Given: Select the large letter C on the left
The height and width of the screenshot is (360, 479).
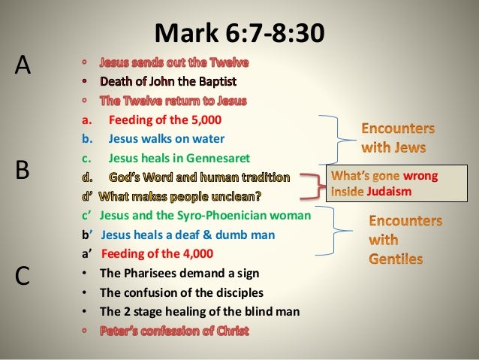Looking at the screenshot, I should pos(23,276).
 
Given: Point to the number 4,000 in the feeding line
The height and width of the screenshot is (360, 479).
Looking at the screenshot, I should pos(197,253).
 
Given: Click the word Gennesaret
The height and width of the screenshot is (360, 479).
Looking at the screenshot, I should pos(217,158).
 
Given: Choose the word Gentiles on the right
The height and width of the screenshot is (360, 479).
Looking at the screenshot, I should pos(396,259).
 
